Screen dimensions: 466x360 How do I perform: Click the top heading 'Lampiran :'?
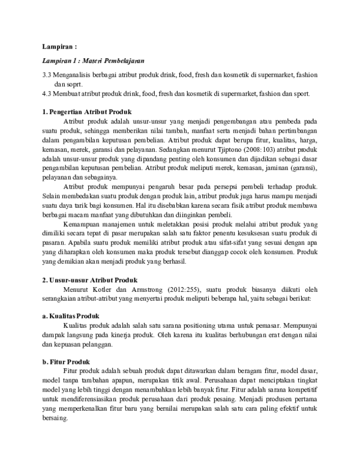coord(59,46)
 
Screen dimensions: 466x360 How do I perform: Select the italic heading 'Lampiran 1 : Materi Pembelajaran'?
coord(93,61)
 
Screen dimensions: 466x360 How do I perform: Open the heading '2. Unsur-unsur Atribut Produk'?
coord(90,280)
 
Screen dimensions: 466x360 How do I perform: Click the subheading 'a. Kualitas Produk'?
coord(71,316)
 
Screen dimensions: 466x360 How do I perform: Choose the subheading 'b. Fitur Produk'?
coord(66,362)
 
